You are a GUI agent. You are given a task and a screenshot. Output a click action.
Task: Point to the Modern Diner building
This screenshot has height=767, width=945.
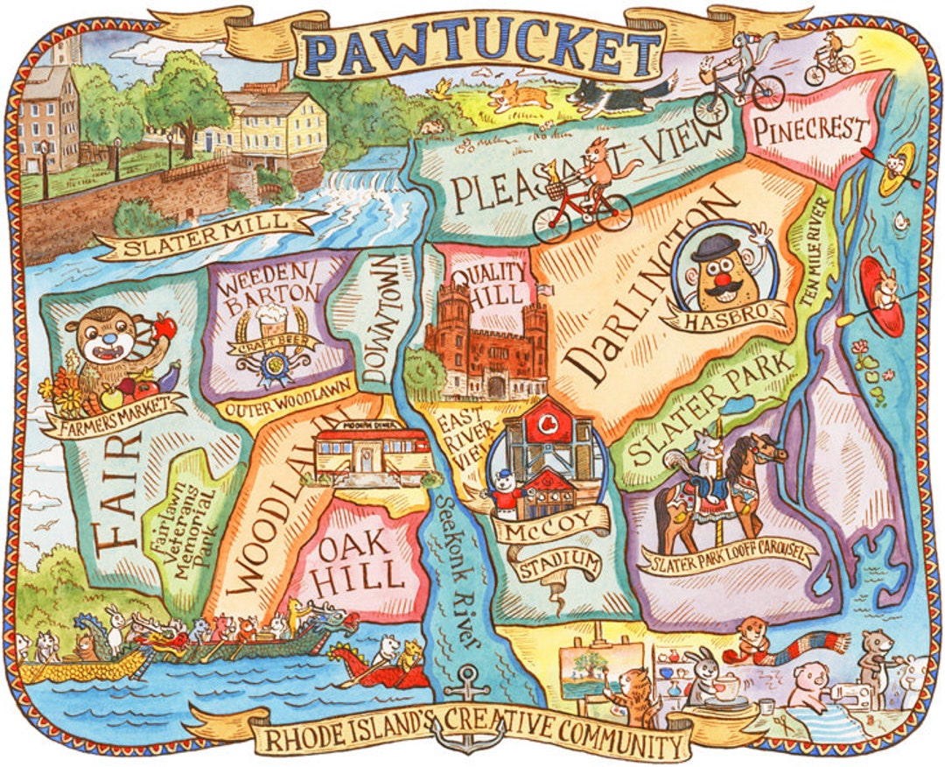pos(372,456)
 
